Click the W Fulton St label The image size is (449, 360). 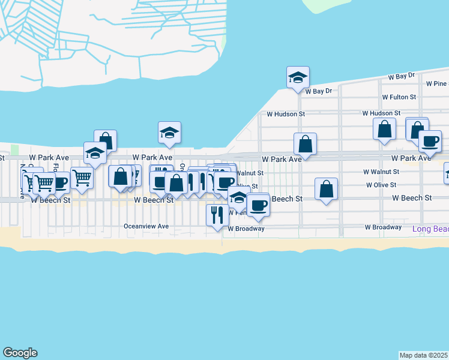(x=399, y=97)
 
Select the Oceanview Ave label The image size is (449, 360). (x=146, y=227)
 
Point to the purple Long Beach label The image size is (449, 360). (x=430, y=229)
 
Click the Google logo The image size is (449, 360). (x=20, y=353)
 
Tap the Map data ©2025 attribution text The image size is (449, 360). (x=424, y=355)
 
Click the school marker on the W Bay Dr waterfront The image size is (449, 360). (x=298, y=77)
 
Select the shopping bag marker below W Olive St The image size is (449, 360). (x=326, y=189)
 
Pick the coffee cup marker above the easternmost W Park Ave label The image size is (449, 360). (x=430, y=141)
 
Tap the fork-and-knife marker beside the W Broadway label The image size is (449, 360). (x=217, y=214)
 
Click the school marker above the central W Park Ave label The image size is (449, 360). (x=169, y=133)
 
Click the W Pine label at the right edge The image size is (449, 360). (x=436, y=84)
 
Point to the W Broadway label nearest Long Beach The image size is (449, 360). (x=383, y=227)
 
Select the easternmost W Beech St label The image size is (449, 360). (x=412, y=197)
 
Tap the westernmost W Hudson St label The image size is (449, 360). (x=286, y=113)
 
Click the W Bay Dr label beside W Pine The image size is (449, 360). (x=401, y=77)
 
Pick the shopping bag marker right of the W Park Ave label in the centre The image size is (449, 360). (x=305, y=144)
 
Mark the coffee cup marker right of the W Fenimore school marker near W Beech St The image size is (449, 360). (x=258, y=205)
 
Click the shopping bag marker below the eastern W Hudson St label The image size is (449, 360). (x=384, y=129)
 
